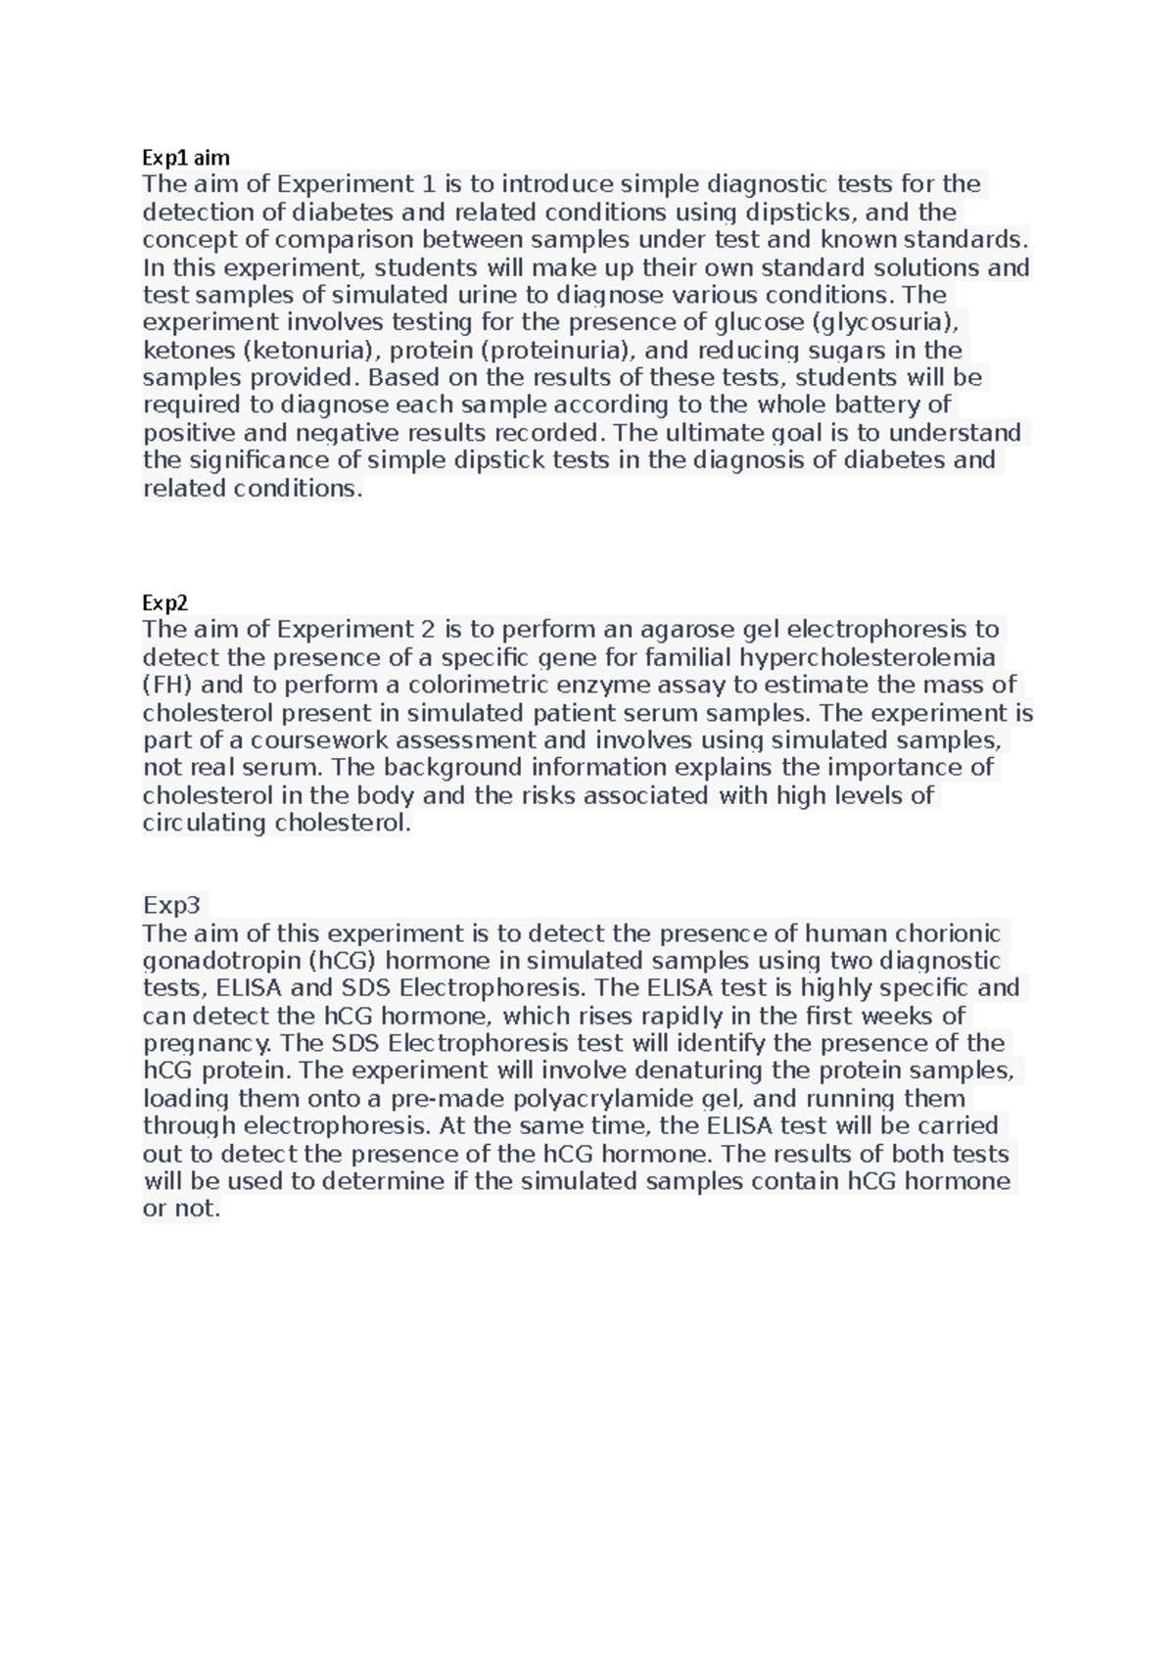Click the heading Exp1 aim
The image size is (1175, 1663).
186,157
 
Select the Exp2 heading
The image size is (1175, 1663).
164,601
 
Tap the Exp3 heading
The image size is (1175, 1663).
171,904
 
